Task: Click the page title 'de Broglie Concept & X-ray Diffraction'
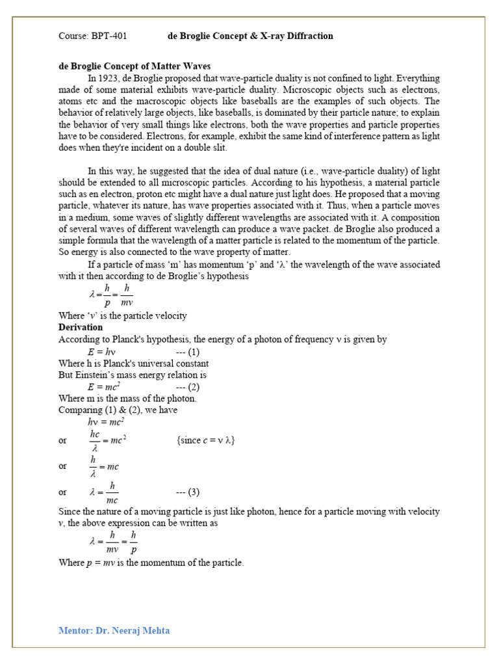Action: (x=250, y=36)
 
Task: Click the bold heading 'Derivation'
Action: (x=81, y=327)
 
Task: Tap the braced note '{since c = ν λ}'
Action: (x=205, y=440)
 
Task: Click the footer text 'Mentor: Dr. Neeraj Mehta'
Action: (x=114, y=630)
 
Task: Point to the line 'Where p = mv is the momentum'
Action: (x=151, y=563)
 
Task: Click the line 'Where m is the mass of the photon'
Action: (x=127, y=399)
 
